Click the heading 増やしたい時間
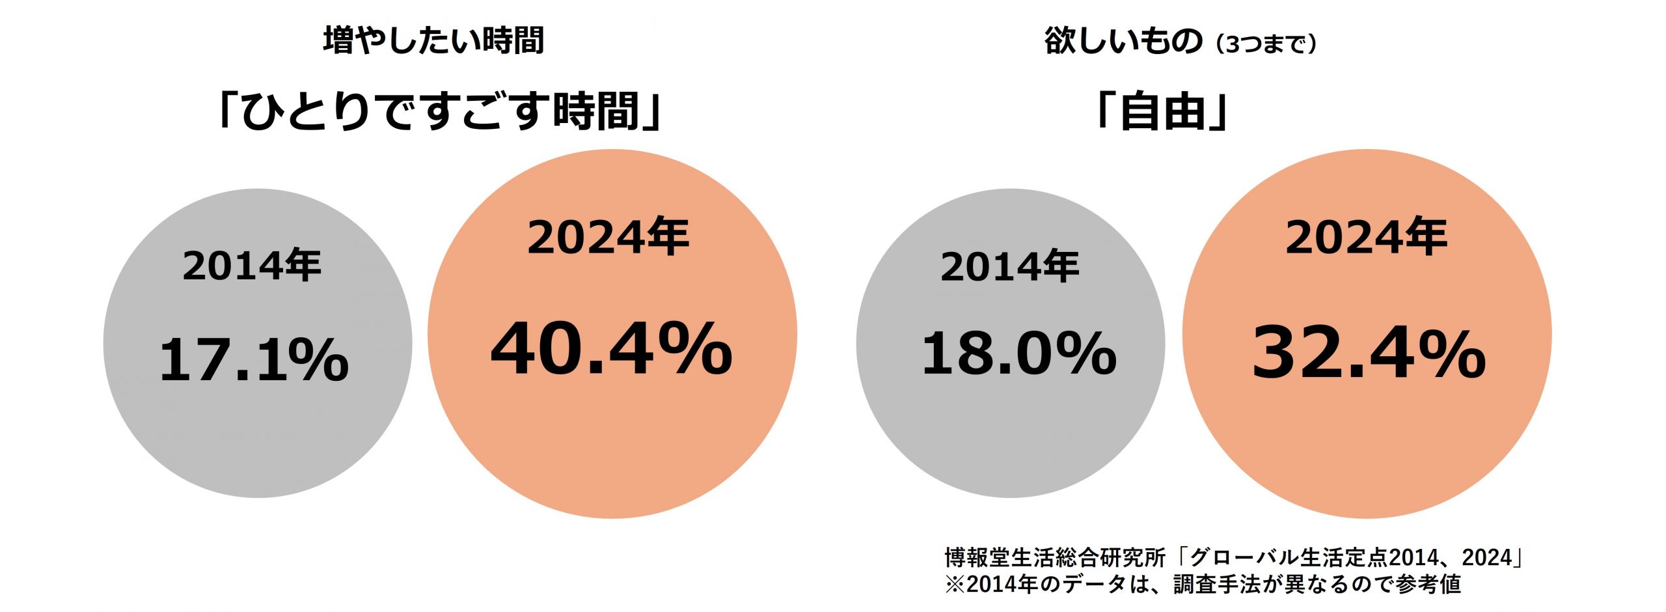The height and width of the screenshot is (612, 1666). coord(433,40)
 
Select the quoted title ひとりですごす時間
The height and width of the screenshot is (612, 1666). coord(440,112)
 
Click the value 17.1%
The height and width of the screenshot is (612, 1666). coord(254,359)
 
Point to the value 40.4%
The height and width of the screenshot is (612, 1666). coord(611,350)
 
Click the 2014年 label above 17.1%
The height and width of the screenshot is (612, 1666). coord(253,266)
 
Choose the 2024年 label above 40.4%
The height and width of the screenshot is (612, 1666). coord(608,237)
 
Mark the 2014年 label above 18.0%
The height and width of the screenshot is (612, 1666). coord(1010,266)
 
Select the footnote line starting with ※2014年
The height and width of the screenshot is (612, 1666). coord(1203,584)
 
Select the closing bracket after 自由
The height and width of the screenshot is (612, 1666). coord(1217,112)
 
